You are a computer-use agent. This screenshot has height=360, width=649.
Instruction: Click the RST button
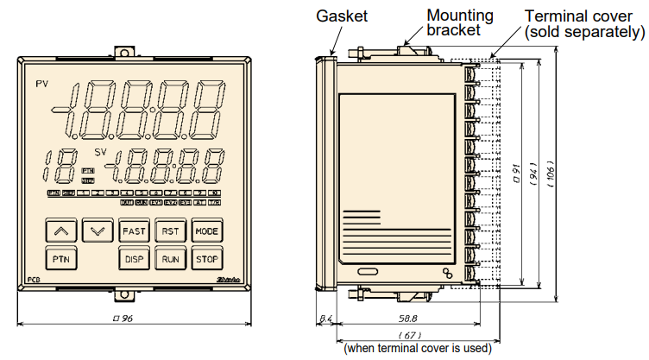click(171, 231)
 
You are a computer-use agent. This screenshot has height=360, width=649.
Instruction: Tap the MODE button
click(206, 231)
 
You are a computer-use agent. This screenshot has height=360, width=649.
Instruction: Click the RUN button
click(171, 259)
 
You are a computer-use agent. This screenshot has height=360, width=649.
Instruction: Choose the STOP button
click(206, 259)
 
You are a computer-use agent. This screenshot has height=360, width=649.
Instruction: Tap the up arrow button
click(60, 231)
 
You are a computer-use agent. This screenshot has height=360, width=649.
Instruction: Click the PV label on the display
click(42, 83)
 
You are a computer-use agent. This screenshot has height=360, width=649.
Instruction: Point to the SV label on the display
click(101, 153)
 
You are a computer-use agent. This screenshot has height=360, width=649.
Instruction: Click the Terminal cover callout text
click(585, 23)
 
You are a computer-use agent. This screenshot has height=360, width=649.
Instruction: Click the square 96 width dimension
click(133, 319)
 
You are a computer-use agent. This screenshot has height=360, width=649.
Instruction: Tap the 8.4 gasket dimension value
click(325, 319)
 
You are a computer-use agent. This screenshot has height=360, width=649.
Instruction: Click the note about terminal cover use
click(417, 349)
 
